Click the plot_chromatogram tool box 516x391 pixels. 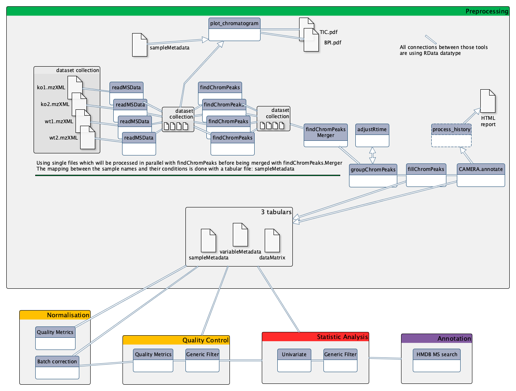pyautogui.click(x=234, y=29)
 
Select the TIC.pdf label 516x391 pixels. pyautogui.click(x=328, y=32)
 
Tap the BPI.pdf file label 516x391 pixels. pyautogui.click(x=333, y=42)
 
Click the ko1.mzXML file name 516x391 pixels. pyautogui.click(x=51, y=87)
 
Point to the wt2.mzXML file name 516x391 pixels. pyautogui.click(x=63, y=137)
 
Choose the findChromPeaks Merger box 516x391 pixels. pyautogui.click(x=326, y=135)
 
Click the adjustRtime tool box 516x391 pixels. pyautogui.click(x=372, y=135)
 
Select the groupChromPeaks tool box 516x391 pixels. pyautogui.click(x=373, y=176)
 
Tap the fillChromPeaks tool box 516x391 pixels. pyautogui.click(x=426, y=175)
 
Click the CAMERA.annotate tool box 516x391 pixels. pyautogui.click(x=481, y=175)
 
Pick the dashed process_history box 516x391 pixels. pyautogui.click(x=451, y=135)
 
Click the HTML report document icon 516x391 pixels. pyautogui.click(x=488, y=101)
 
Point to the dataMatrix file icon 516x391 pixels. pyautogui.click(x=272, y=241)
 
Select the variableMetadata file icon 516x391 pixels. pyautogui.click(x=240, y=235)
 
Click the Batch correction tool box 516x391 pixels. pyautogui.click(x=57, y=368)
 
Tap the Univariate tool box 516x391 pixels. pyautogui.click(x=294, y=360)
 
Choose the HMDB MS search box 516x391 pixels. pyautogui.click(x=437, y=360)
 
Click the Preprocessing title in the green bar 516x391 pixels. pyautogui.click(x=487, y=11)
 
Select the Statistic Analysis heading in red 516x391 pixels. pyautogui.click(x=342, y=337)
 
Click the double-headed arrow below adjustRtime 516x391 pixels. pyautogui.click(x=373, y=155)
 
